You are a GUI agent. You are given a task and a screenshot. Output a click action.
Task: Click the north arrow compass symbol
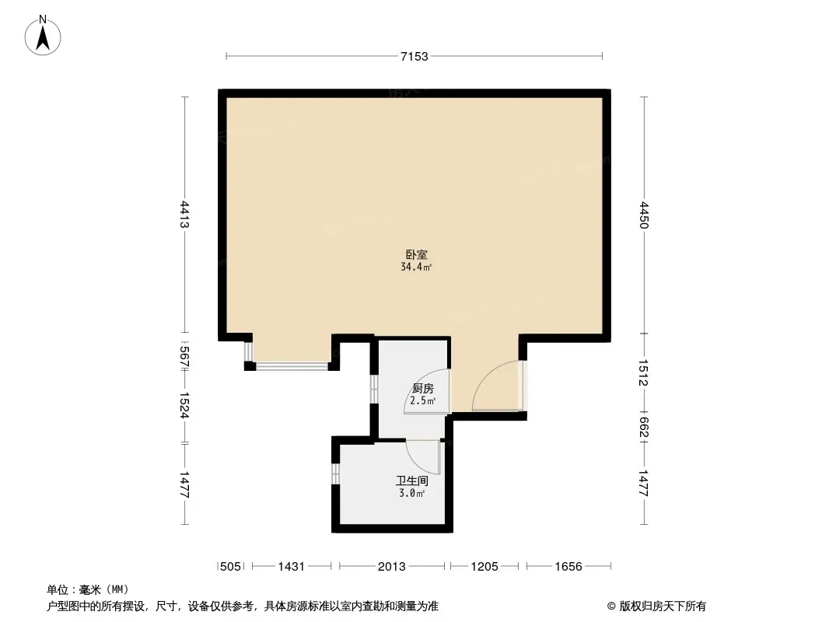coord(43,36)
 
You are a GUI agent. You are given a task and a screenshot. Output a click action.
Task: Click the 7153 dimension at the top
coord(414,56)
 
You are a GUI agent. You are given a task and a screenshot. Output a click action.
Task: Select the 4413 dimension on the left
coord(184,214)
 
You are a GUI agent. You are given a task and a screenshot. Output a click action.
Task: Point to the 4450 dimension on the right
coord(643,215)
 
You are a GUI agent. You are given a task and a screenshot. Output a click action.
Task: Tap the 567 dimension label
coord(184,357)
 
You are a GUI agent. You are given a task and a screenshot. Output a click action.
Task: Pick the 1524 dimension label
coord(184,405)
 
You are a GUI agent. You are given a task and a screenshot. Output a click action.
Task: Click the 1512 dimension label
coord(643,373)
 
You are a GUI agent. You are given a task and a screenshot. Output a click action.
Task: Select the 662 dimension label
coord(643,428)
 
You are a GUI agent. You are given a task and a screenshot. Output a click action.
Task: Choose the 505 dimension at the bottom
coord(230,567)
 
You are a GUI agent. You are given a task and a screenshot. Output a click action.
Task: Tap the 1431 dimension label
coord(292,567)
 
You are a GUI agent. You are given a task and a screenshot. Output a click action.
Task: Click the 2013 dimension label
coord(392,567)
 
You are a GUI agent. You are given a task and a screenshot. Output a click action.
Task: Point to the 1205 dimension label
coord(484,567)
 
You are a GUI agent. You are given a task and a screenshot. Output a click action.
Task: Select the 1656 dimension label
coord(568,567)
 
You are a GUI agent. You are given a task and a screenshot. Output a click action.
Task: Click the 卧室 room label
coord(417,255)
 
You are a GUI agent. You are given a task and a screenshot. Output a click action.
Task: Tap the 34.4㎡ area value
coord(416,267)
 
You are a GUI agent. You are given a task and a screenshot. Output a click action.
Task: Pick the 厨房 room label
coord(423,389)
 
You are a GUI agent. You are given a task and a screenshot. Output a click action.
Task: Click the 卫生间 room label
coord(412,481)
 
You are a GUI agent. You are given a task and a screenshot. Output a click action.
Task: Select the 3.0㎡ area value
coord(412,494)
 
